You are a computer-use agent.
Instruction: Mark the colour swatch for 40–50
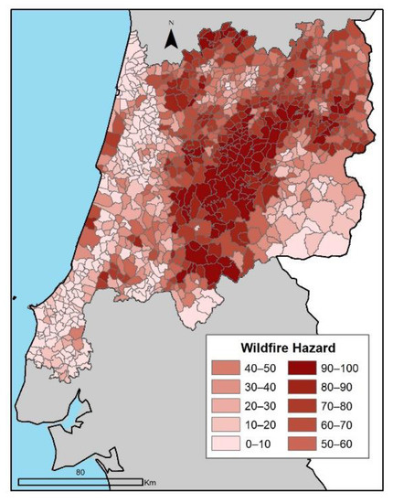(225, 369)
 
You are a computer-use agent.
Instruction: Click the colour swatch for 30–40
(225, 389)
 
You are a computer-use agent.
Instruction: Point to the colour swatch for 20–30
(225, 408)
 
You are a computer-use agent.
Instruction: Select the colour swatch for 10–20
(225, 427)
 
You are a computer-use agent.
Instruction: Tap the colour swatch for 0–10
(225, 446)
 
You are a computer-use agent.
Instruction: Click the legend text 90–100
(345, 369)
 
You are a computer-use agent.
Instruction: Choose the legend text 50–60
(343, 446)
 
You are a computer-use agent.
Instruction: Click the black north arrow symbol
(171, 38)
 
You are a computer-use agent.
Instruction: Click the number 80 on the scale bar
(80, 473)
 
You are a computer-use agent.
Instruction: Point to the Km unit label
(151, 482)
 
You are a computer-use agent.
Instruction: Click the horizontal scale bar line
(80, 481)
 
